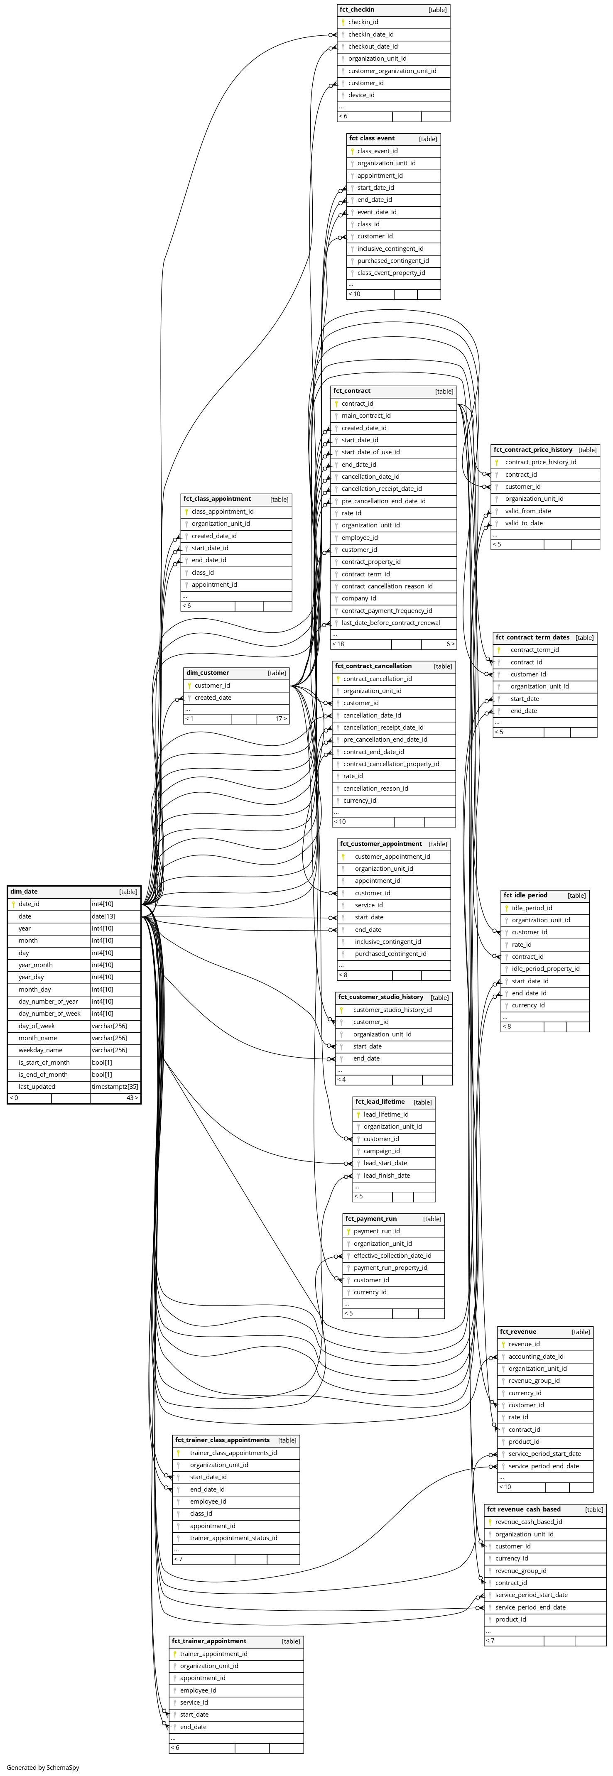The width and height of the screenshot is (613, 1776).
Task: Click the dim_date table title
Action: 24,892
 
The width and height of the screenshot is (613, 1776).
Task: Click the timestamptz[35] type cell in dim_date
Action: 115,1087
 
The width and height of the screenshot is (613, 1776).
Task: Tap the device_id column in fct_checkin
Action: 361,95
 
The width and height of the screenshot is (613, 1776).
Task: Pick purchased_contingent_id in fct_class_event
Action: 393,261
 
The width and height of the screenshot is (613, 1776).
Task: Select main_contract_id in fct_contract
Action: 366,416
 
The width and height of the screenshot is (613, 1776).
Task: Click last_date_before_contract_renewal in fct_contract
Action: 390,622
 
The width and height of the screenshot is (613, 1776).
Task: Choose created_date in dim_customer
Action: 213,698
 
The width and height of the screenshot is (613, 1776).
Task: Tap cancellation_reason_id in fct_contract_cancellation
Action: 376,788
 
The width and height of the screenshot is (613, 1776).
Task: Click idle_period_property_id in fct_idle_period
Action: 545,969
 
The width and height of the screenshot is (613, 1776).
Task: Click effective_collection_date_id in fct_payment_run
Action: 392,1255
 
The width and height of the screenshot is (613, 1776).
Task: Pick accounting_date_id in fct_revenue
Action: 536,1356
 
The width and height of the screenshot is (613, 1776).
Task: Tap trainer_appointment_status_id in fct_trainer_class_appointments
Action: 234,1538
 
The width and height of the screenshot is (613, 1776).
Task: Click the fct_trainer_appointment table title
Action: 209,1641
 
